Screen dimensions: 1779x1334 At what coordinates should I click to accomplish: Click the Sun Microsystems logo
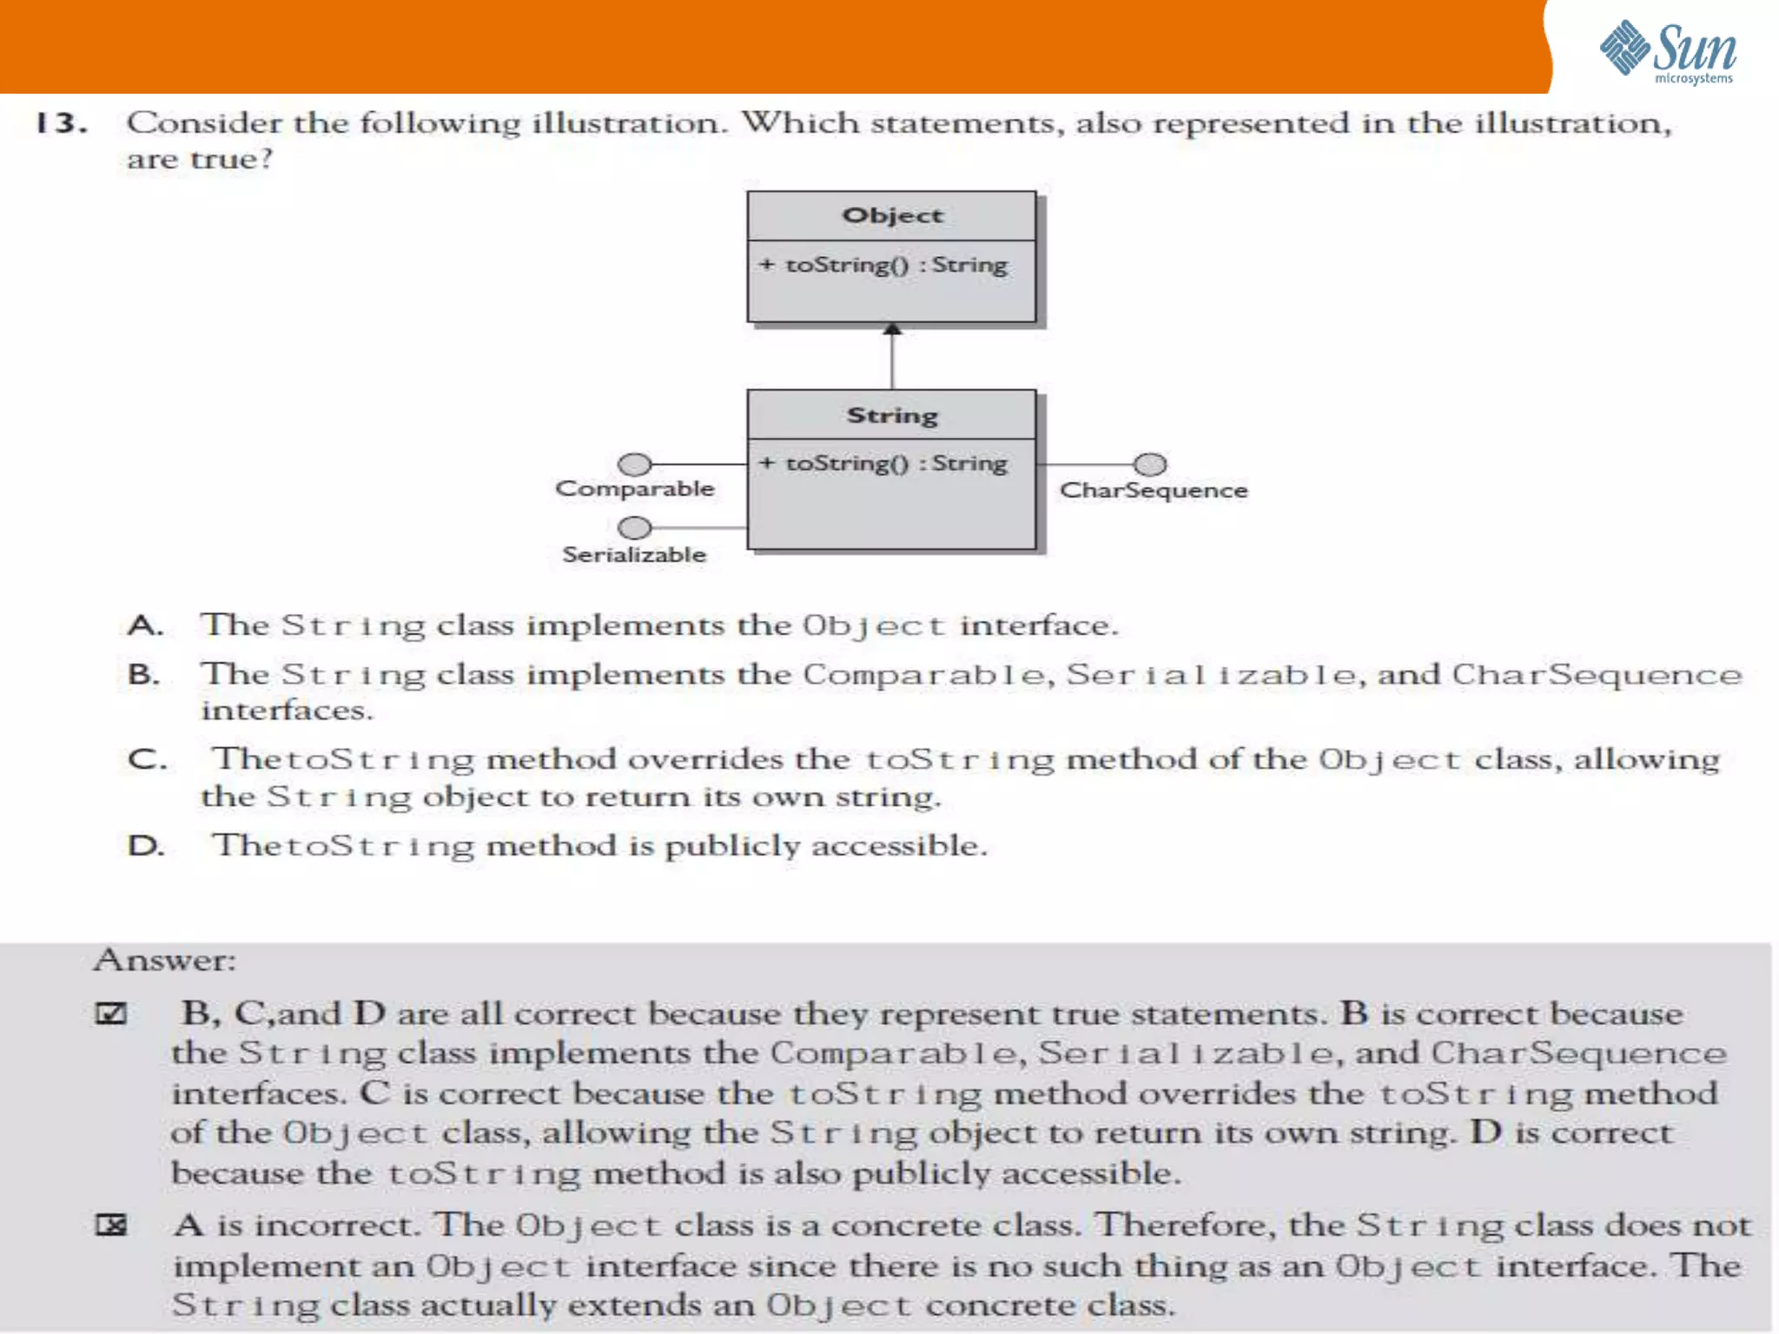click(1668, 52)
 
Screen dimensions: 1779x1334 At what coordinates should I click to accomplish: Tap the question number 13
click(61, 123)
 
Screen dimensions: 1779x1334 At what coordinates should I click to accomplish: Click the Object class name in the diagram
click(892, 215)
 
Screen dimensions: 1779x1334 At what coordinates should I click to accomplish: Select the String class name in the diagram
click(892, 415)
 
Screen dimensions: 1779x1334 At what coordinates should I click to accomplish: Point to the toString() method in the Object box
click(884, 264)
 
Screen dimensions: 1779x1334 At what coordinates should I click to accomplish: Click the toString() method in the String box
click(884, 463)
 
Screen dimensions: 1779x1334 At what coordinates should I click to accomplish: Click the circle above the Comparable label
click(635, 464)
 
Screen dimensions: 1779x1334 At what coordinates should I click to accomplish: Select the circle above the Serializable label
click(635, 527)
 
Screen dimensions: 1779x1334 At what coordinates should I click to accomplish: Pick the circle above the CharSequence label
click(1150, 464)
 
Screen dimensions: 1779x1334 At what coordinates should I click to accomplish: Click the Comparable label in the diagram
click(635, 489)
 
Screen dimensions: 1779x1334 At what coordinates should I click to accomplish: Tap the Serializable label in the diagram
click(635, 554)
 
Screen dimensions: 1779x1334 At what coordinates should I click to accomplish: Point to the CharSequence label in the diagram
click(1154, 491)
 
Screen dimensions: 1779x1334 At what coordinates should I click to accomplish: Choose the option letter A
click(145, 625)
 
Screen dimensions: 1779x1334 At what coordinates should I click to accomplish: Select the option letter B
click(143, 674)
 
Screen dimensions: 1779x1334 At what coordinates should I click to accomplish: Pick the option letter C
click(145, 759)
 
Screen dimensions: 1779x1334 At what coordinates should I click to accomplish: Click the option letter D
click(145, 845)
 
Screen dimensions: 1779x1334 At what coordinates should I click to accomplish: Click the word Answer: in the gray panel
click(165, 960)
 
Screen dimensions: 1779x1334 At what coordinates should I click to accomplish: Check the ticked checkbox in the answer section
click(111, 1014)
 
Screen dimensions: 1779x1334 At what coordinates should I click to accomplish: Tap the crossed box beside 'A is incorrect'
click(111, 1225)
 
